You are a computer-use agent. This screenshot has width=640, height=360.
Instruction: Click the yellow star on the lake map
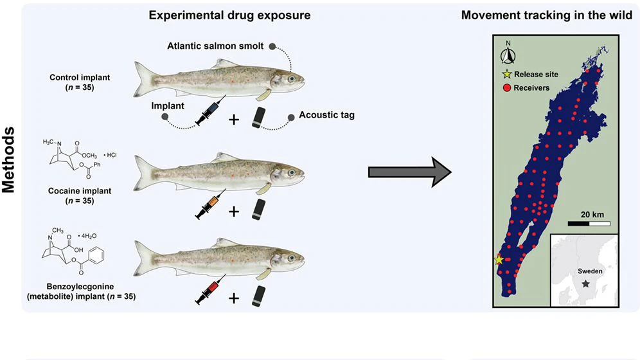click(499, 260)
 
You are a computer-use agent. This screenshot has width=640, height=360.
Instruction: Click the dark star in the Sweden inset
click(585, 283)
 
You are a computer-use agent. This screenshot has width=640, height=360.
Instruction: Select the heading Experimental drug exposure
click(230, 15)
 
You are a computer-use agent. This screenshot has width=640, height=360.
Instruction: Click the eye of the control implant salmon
click(291, 79)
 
